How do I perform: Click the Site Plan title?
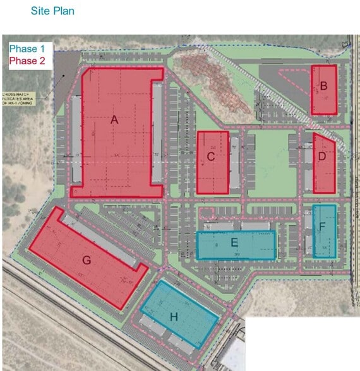coord(52,11)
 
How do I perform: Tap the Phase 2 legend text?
coord(27,61)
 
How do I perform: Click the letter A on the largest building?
coord(114,119)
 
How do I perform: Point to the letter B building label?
coord(323,86)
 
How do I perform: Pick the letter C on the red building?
coord(211,156)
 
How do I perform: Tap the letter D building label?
coord(322,156)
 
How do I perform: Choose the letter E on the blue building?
coord(234,242)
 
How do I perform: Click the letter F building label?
coord(322,225)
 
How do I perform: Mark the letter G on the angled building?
coord(87,259)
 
